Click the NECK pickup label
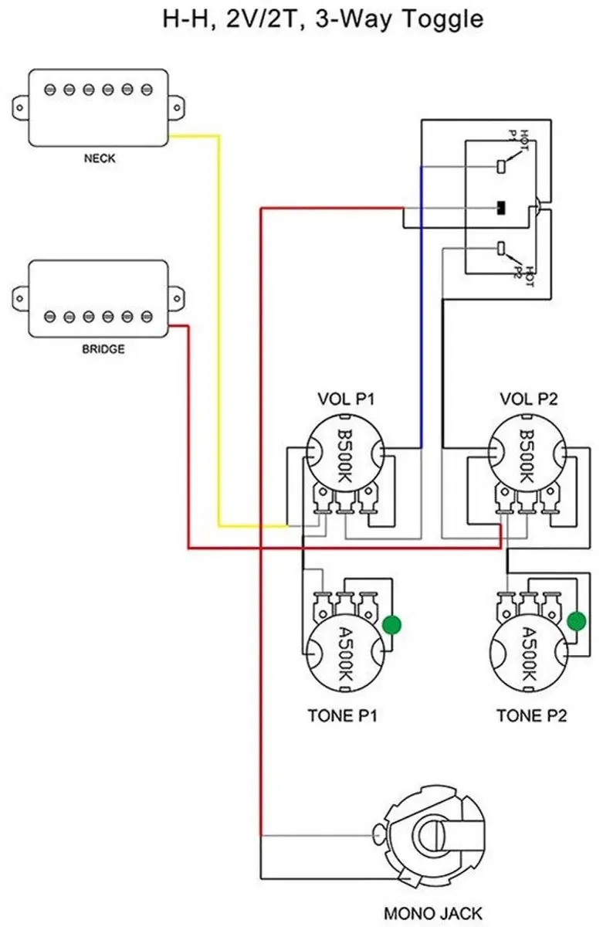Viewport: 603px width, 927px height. click(x=100, y=158)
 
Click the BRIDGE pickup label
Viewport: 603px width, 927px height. click(x=103, y=349)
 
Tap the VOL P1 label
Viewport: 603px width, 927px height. click(x=346, y=399)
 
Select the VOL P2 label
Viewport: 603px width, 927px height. click(x=529, y=399)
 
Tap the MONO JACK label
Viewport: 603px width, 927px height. click(x=433, y=913)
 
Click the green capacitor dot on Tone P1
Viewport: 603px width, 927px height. click(x=391, y=625)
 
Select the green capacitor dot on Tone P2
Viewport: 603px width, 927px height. click(x=576, y=621)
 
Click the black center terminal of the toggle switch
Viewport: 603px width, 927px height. click(x=501, y=208)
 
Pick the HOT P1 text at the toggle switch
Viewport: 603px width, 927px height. click(x=519, y=141)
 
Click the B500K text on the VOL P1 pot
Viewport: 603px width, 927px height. click(x=344, y=456)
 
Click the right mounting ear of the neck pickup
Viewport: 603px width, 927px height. click(x=176, y=108)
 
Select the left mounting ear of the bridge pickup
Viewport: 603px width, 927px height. click(x=20, y=298)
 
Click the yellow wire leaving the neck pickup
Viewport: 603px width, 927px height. click(x=219, y=331)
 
